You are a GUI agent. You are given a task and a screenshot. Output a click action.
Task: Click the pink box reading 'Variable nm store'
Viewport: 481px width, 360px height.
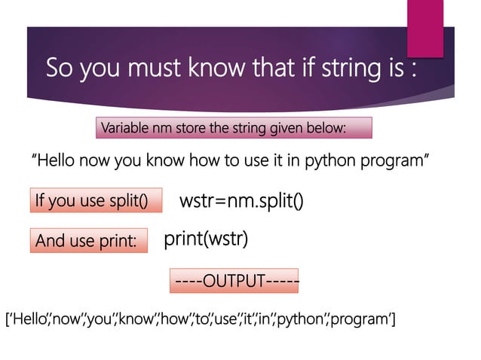tap(234, 128)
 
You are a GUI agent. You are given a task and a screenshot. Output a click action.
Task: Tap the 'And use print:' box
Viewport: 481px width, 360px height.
tap(88, 241)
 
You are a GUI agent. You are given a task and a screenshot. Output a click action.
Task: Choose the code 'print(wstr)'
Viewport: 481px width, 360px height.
tap(206, 239)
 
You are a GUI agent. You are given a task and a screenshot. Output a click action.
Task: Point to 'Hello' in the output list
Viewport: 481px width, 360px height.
tap(27, 322)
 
